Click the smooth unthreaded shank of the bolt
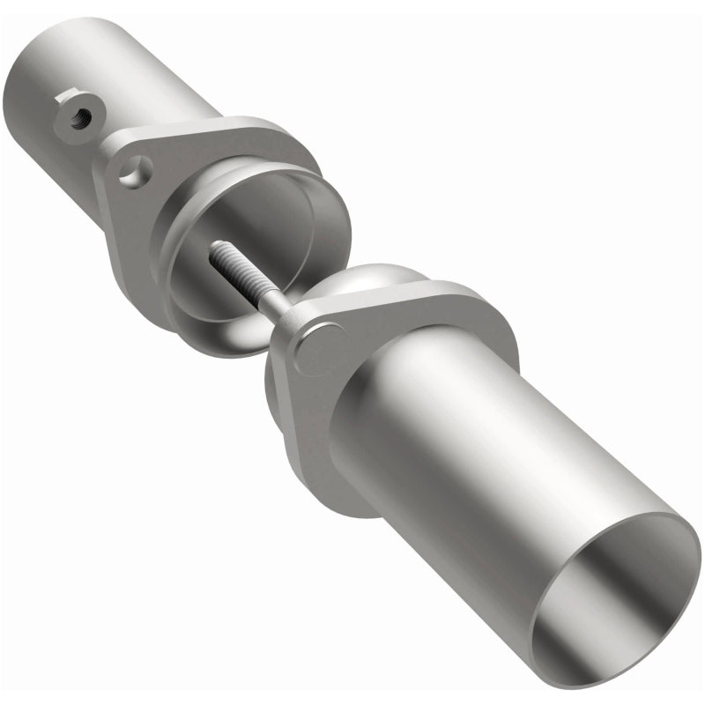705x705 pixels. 276,303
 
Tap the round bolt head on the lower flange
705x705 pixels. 318,346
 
